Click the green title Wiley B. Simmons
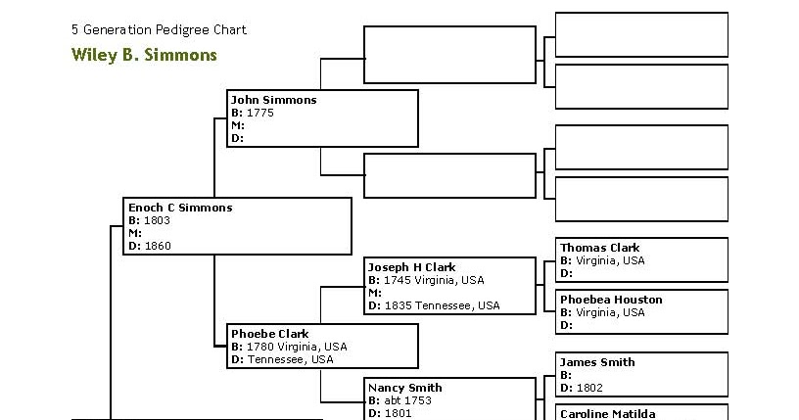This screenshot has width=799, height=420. coord(144,55)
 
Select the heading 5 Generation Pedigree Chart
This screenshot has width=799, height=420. coord(159,29)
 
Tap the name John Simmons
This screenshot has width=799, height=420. coord(273,100)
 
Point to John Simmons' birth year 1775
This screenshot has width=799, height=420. coord(259,113)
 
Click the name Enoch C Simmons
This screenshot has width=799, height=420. coord(180,208)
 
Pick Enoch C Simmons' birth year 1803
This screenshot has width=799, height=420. coord(157,220)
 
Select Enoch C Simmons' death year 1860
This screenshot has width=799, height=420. coord(157,246)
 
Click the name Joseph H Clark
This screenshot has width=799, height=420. coord(411,267)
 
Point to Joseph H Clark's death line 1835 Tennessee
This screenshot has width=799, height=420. coord(442,305)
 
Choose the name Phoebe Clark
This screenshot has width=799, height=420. coord(269,334)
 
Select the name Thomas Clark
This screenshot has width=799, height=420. coord(599,249)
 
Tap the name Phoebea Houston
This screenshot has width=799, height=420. coord(611,300)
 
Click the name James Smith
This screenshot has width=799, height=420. coord(597,362)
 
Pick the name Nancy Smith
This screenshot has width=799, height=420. coord(405,388)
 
